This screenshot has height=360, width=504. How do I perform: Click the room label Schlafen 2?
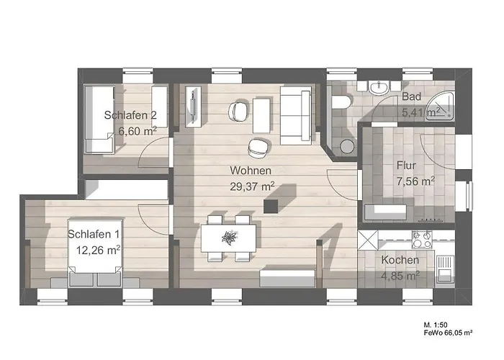[x=130, y=114]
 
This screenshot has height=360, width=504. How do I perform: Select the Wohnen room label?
[x=251, y=171]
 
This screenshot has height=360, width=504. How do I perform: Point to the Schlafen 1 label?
[x=94, y=234]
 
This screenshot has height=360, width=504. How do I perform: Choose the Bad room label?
[x=411, y=96]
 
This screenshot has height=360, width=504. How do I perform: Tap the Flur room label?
[x=406, y=164]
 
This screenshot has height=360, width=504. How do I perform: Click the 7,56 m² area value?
[x=415, y=181]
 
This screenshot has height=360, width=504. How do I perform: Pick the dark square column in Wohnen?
[x=271, y=207]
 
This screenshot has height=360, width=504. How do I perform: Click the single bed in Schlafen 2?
[x=99, y=119]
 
